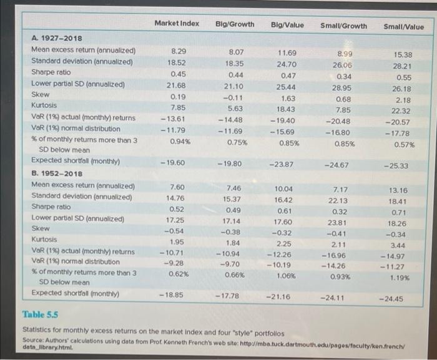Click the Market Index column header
pyautogui.click(x=177, y=24)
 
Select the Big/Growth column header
pyautogui.click(x=235, y=24)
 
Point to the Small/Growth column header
pyautogui.click(x=343, y=26)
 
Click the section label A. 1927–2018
pyautogui.click(x=56, y=39)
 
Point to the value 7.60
pyautogui.click(x=177, y=187)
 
